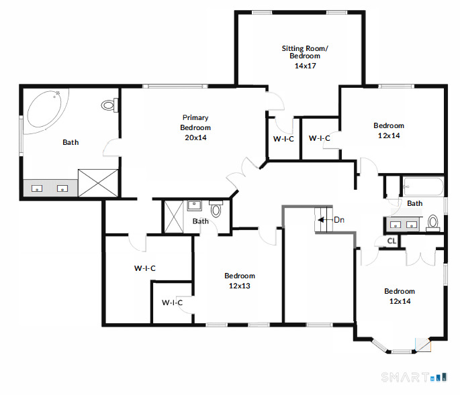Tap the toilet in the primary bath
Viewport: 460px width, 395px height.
click(109, 105)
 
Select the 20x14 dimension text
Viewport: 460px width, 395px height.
click(195, 137)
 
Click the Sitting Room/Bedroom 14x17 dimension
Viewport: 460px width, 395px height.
click(306, 66)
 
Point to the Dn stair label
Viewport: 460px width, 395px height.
click(339, 220)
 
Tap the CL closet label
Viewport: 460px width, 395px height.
click(392, 241)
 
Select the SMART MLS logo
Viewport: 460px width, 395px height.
click(414, 377)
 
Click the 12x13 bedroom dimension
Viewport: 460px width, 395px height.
click(240, 286)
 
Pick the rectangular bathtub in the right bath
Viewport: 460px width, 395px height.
click(423, 186)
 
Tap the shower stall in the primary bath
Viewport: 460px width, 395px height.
click(98, 183)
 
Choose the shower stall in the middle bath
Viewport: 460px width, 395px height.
click(174, 217)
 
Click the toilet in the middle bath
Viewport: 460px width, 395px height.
click(216, 209)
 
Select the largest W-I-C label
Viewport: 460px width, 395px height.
click(145, 268)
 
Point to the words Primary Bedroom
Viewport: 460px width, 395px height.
click(195, 123)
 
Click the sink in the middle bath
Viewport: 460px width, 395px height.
click(194, 205)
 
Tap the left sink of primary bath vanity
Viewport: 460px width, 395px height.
click(37, 188)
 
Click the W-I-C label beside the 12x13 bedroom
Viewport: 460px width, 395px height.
click(172, 302)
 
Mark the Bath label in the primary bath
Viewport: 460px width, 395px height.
click(71, 142)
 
